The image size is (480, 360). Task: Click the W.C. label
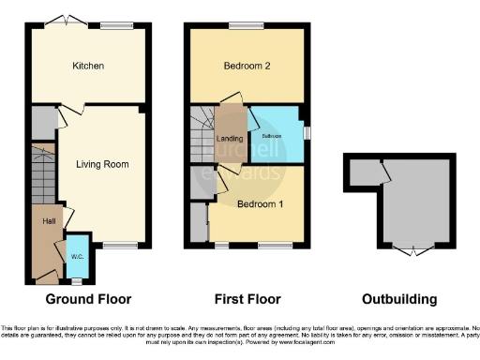click(77, 255)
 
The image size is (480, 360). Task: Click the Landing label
click(229, 141)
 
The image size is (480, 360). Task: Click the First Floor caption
click(247, 300)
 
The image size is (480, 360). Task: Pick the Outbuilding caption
click(400, 300)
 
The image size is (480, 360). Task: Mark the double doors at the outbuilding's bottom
click(412, 249)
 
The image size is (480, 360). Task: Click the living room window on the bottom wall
click(120, 245)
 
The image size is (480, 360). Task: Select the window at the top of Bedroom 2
click(246, 25)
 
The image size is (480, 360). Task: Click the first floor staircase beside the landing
click(202, 132)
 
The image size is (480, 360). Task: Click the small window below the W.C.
click(77, 279)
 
